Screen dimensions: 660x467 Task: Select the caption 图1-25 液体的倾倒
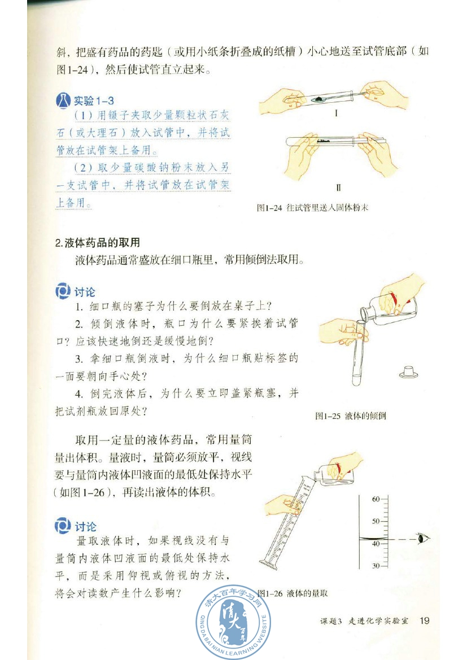[x=350, y=416]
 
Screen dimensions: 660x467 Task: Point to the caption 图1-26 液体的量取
[x=293, y=593]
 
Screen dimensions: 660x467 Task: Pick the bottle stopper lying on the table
[x=407, y=371]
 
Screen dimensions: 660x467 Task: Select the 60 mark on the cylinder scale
[x=376, y=499]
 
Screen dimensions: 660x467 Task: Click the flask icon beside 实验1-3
[x=63, y=102]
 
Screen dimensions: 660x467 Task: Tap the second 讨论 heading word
[x=85, y=526]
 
